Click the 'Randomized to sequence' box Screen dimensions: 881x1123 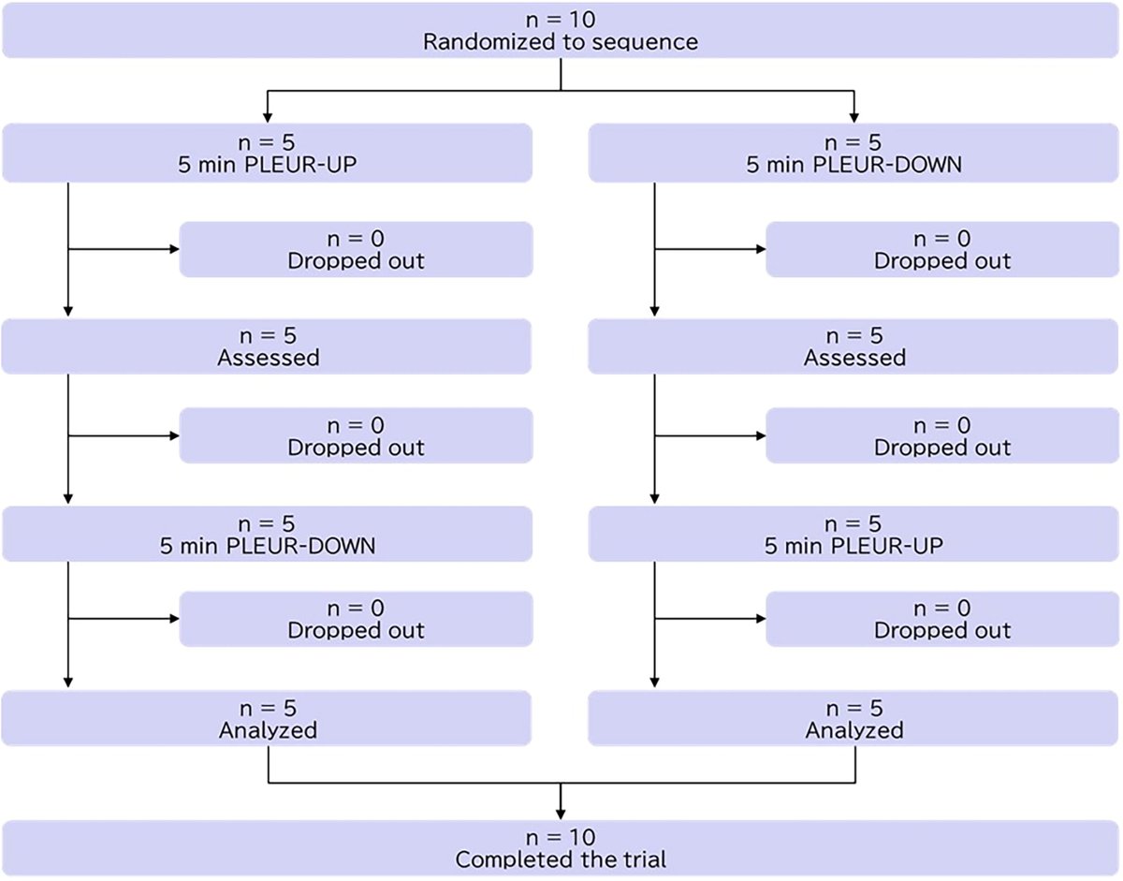click(560, 31)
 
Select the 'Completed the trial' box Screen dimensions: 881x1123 click(560, 847)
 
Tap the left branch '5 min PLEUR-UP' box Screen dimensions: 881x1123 click(268, 154)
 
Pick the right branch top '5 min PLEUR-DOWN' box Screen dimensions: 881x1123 click(854, 154)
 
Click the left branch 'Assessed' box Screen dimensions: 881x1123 click(268, 346)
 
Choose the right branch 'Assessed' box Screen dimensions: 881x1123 click(854, 346)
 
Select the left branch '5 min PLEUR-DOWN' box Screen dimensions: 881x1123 click(268, 534)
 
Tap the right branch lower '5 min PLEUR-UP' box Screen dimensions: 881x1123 click(854, 534)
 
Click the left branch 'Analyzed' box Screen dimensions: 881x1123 click(268, 718)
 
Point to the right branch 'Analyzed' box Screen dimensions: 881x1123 click(854, 718)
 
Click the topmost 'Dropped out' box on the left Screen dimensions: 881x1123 click(356, 249)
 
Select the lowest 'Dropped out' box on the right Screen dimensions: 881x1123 click(942, 619)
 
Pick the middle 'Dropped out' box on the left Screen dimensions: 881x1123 click(356, 435)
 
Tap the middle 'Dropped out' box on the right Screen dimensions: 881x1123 click(942, 435)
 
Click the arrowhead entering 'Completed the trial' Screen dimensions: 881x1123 click(560, 813)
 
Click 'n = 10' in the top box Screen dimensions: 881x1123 click(560, 20)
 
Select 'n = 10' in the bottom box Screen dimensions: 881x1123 click(560, 836)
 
